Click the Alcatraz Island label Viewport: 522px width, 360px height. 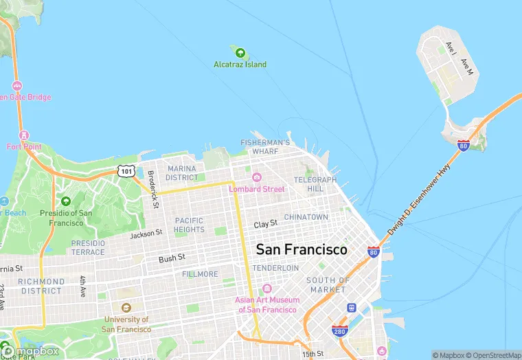(x=240, y=65)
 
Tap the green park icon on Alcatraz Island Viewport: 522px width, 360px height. (x=240, y=52)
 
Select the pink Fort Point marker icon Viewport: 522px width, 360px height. (x=25, y=135)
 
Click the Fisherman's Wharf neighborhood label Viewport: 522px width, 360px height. (x=264, y=146)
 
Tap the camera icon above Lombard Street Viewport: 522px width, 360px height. (x=256, y=177)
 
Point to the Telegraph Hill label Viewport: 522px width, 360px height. (x=315, y=184)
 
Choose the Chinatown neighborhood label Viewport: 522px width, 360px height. (x=306, y=216)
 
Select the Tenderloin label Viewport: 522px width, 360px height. (x=275, y=267)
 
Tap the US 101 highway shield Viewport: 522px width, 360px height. (x=126, y=170)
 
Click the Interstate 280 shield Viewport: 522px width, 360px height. (x=339, y=331)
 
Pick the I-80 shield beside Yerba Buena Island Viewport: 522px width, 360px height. (x=464, y=146)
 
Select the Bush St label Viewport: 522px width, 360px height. (x=172, y=258)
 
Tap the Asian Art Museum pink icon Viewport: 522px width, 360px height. (x=267, y=289)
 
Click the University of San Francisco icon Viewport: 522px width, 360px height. (x=126, y=308)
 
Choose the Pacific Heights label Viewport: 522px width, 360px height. (x=189, y=225)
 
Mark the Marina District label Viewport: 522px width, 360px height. (x=181, y=172)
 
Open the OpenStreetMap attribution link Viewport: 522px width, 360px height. (x=492, y=355)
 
